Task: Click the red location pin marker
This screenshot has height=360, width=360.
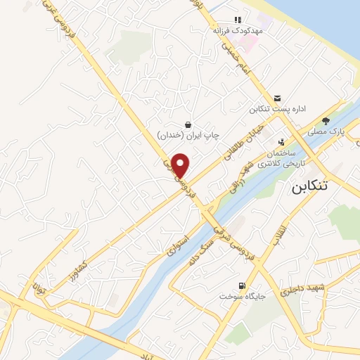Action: coord(181,165)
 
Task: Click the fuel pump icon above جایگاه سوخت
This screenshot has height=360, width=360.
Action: coord(243,286)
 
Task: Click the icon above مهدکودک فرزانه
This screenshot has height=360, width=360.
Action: coord(238,20)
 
